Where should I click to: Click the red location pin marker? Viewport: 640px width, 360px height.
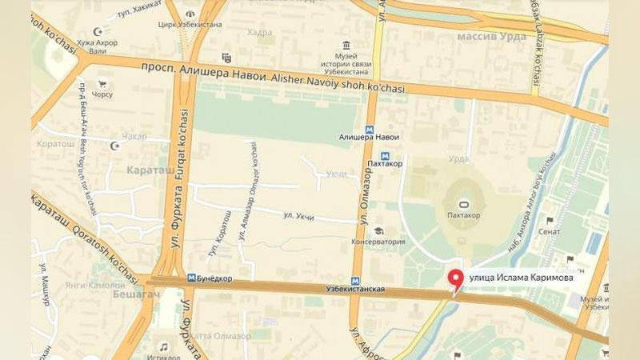coord(457,279)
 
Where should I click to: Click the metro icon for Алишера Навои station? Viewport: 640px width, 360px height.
coord(369,129)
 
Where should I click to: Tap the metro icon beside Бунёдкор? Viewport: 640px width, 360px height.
coord(190,278)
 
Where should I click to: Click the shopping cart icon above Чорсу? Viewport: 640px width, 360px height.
coord(102,83)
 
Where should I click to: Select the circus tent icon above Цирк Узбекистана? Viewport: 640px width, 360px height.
coord(190,14)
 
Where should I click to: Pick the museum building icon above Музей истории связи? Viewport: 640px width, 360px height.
coord(346,45)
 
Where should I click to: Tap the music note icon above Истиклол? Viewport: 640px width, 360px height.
coord(164,347)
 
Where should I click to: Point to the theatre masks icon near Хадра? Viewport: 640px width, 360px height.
coord(226,57)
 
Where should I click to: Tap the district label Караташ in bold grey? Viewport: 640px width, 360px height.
coord(149,170)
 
